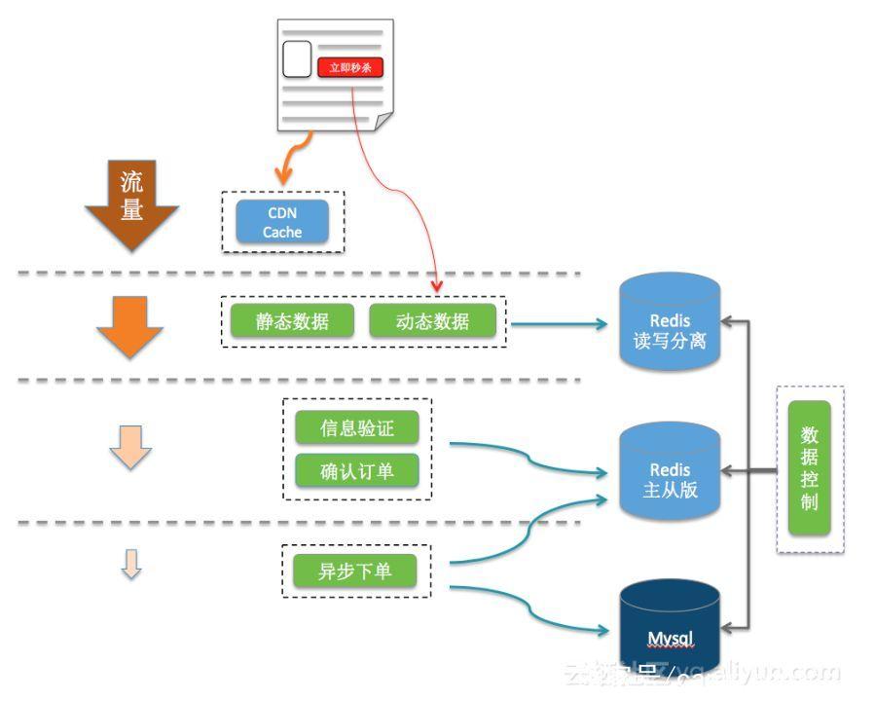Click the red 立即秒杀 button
[350, 67]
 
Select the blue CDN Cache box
[282, 223]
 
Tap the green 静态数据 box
[292, 322]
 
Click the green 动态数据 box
[432, 322]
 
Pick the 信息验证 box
[357, 427]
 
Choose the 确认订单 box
[357, 471]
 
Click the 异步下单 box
[354, 571]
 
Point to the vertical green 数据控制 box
[810, 467]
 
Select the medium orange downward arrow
[130, 327]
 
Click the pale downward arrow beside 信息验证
[131, 447]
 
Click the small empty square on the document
[297, 58]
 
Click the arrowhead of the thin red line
[437, 286]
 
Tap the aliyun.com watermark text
[701, 673]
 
